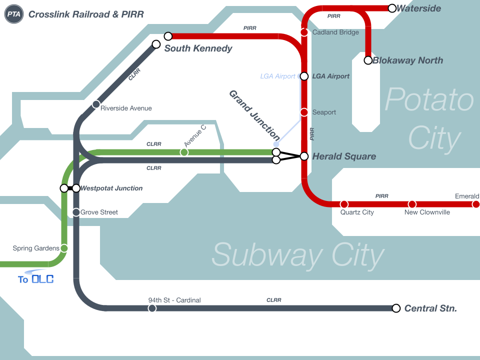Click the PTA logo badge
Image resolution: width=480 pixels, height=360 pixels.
point(13,14)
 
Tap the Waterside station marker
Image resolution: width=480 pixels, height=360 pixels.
point(392,8)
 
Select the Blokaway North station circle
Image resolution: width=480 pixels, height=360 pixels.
point(368,60)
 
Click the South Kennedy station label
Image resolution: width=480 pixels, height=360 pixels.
point(198,48)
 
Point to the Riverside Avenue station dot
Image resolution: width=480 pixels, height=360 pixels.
point(96,104)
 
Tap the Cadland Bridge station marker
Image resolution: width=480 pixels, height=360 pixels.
point(304,32)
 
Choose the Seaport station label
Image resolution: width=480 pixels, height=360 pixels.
point(324,112)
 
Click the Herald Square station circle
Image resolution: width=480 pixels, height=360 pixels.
point(304,156)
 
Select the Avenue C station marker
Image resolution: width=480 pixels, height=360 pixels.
point(184,152)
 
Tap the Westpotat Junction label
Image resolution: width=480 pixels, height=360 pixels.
point(111,188)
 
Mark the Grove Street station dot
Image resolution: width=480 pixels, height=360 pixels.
point(76,212)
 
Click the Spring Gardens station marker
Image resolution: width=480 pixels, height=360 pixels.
point(64,248)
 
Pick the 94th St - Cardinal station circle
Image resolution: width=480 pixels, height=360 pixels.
point(152,308)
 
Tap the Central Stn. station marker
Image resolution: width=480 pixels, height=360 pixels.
point(396,308)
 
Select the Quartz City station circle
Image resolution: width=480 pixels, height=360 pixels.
point(344,204)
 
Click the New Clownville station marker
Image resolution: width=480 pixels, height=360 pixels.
point(412,204)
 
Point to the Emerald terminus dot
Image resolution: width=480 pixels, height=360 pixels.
point(476,204)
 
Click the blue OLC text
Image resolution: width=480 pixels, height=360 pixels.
point(42,279)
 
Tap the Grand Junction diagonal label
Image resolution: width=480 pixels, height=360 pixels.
point(254,115)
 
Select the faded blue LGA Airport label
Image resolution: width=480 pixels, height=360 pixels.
point(278,76)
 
